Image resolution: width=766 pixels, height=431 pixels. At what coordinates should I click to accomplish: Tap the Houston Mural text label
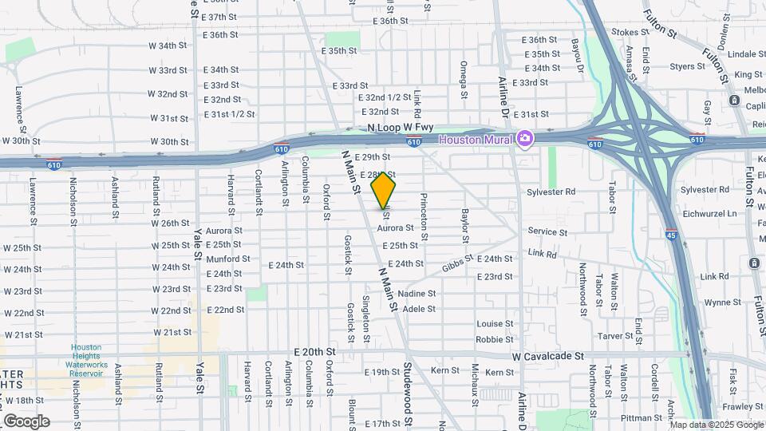(x=476, y=140)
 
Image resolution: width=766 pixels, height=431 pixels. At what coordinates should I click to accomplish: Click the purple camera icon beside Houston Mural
(x=525, y=139)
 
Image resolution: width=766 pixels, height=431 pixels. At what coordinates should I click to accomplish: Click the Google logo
(x=26, y=421)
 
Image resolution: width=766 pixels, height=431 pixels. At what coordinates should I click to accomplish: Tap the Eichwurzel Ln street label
(x=710, y=214)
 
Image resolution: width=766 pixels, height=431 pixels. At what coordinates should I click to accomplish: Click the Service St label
(x=547, y=232)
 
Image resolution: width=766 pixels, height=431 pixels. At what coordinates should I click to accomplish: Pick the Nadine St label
(x=417, y=293)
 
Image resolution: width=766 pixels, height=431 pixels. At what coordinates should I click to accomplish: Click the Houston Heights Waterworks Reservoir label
(x=86, y=357)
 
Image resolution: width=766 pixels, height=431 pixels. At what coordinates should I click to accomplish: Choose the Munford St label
(x=228, y=259)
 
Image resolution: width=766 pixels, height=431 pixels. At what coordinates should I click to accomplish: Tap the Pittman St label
(x=640, y=417)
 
